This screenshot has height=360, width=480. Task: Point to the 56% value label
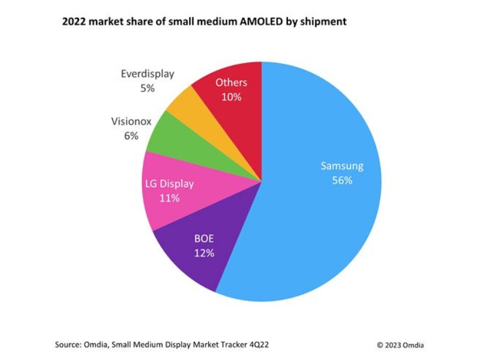(x=341, y=180)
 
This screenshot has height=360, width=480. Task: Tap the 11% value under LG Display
(x=169, y=198)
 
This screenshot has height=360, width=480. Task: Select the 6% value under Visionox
(x=131, y=136)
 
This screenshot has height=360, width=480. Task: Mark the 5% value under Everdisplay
(x=147, y=88)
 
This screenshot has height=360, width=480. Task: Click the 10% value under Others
(x=231, y=97)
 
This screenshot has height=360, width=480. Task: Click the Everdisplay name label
(x=147, y=74)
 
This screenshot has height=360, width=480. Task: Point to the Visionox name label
(x=131, y=121)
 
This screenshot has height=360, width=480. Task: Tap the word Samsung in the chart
(x=341, y=166)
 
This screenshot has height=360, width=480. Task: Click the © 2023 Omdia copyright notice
(x=400, y=344)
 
